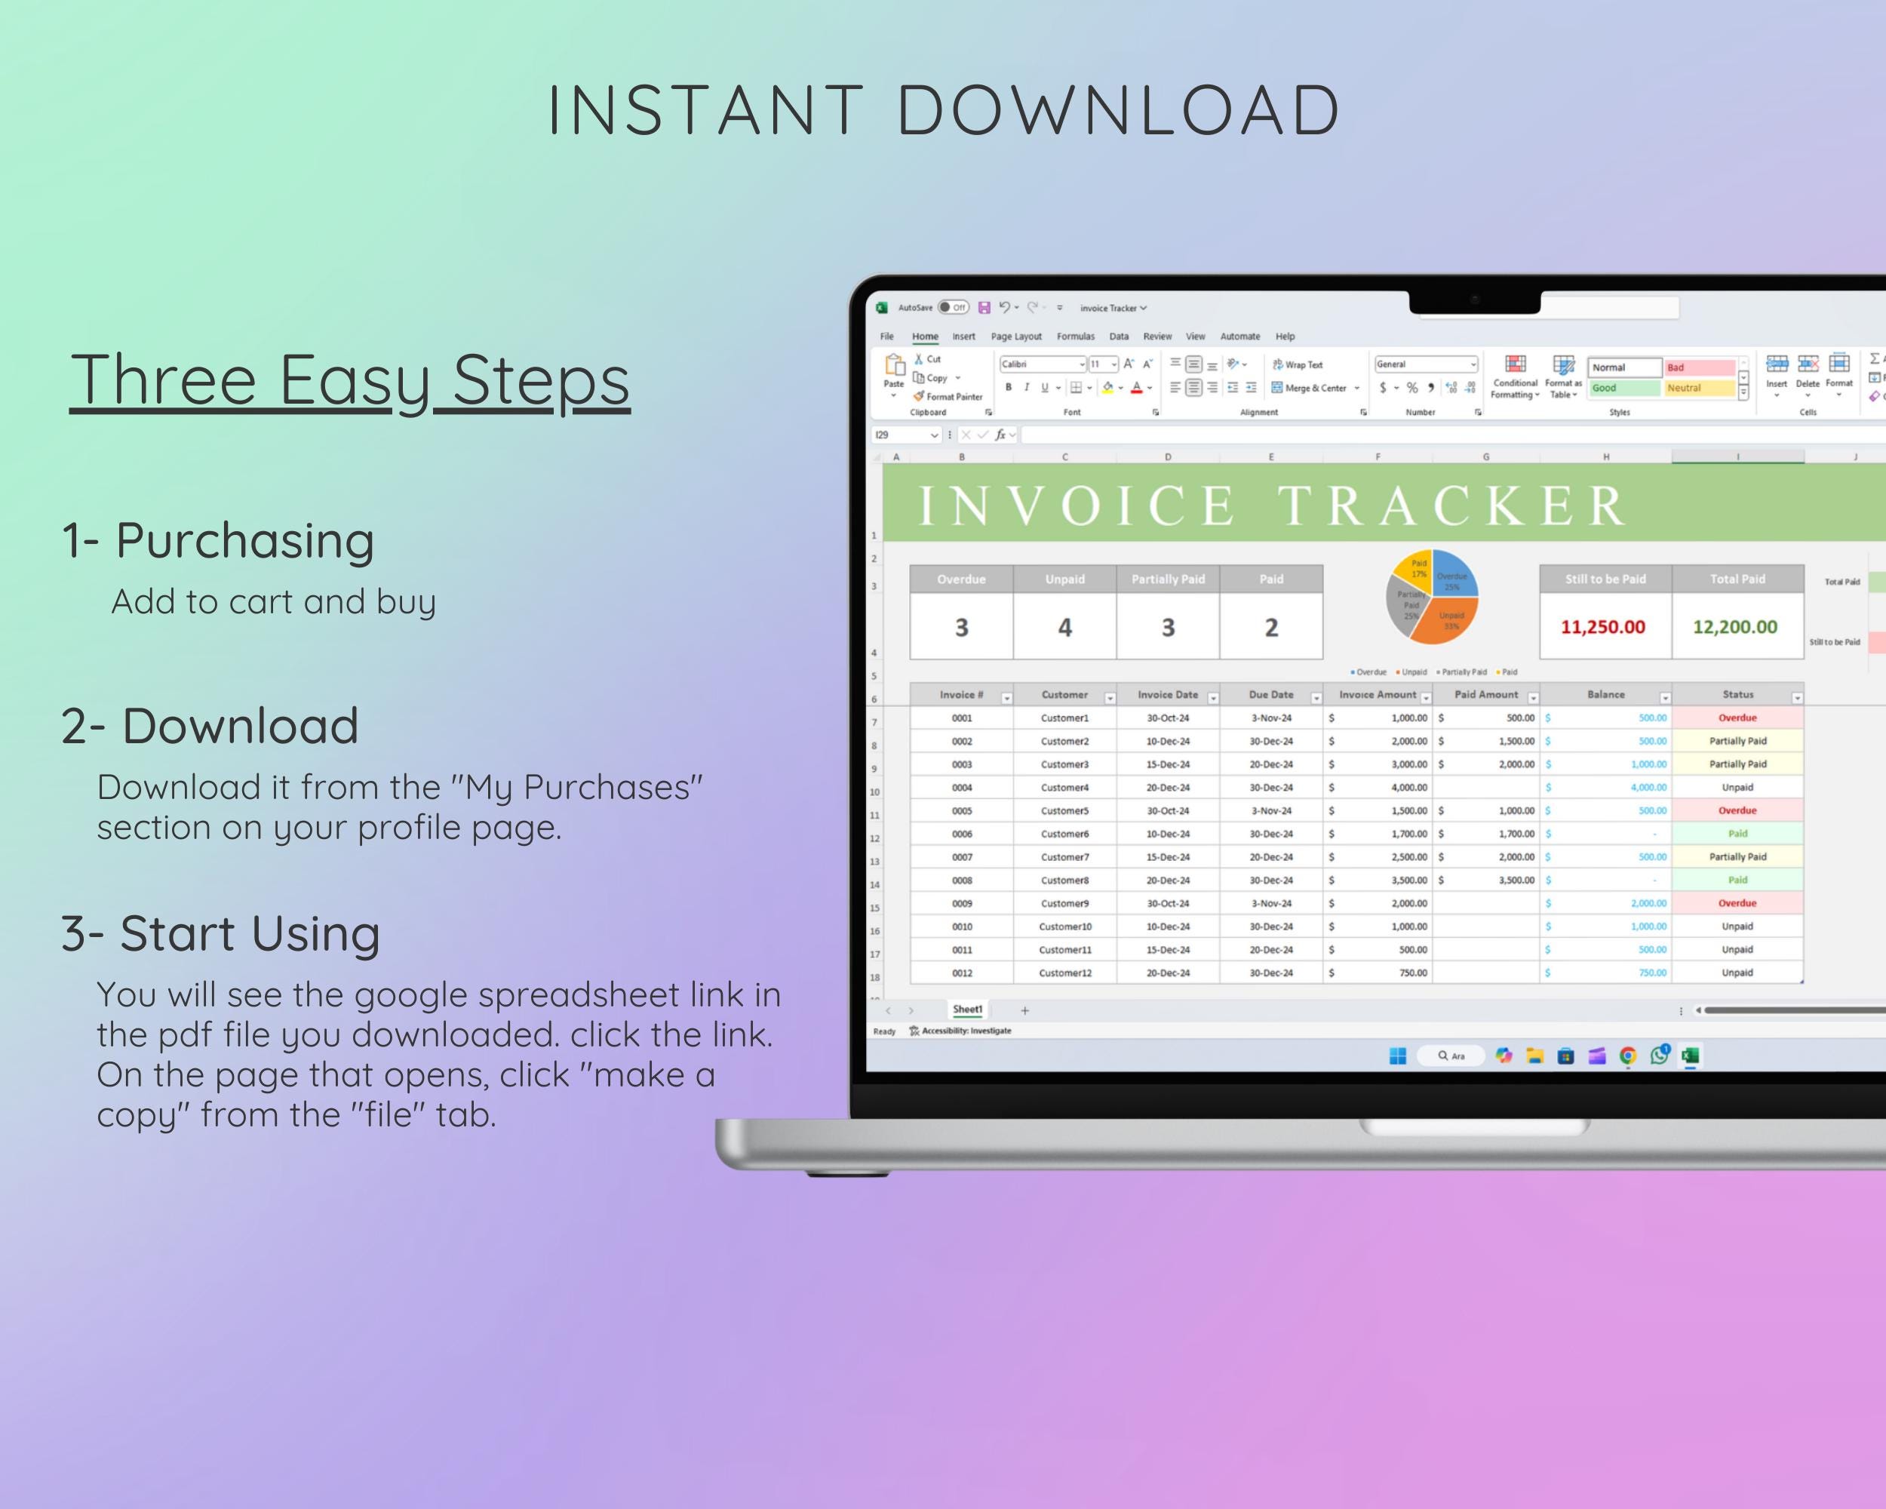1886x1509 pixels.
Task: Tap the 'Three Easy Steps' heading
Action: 350,380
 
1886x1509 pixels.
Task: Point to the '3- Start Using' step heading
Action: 220,933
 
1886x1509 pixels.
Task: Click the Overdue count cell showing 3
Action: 961,626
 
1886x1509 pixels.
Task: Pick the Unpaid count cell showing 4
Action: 1064,626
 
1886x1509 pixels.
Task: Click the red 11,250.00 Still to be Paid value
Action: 1602,626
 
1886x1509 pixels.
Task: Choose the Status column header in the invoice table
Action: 1737,695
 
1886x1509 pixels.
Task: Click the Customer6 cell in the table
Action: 1064,834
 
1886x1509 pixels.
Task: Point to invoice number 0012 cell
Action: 961,973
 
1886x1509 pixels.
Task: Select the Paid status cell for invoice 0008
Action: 1737,880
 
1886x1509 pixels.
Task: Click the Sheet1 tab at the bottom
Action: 967,1010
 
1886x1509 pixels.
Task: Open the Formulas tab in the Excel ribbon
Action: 1075,336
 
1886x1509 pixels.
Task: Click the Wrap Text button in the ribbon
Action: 1298,364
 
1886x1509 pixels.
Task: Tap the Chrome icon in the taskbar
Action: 1627,1056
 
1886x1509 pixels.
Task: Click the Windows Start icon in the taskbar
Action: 1398,1056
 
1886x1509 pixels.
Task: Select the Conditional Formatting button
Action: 1515,376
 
